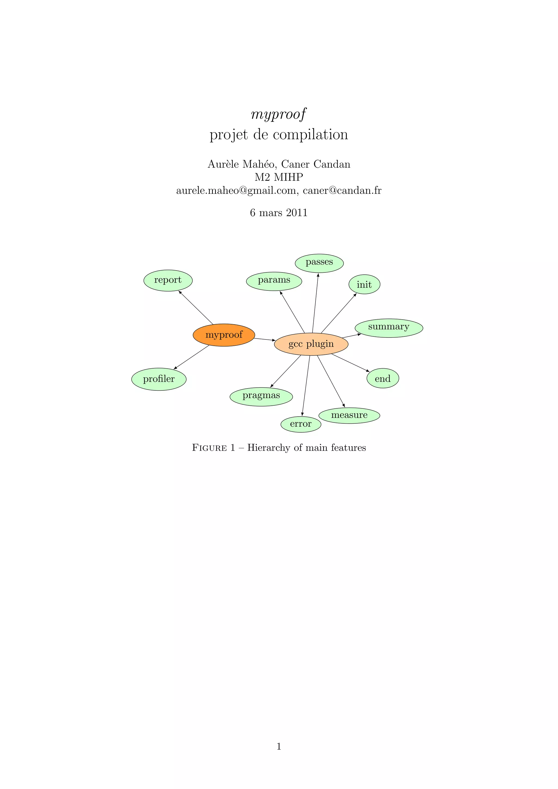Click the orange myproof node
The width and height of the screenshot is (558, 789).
pos(224,335)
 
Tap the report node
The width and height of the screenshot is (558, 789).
pos(168,280)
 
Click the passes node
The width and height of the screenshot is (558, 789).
pos(319,263)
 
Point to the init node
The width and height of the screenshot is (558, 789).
pos(364,284)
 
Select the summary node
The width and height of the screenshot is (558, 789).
pos(389,327)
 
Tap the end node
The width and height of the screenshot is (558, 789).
pos(383,379)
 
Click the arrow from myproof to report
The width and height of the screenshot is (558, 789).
pos(196,307)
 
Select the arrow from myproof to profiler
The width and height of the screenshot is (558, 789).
pos(192,357)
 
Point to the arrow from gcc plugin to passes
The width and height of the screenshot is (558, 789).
pos(315,302)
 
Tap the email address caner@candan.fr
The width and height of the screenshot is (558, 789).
pos(342,190)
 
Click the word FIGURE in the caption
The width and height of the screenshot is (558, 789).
pos(209,448)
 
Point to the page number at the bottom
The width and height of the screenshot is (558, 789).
pos(279,746)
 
